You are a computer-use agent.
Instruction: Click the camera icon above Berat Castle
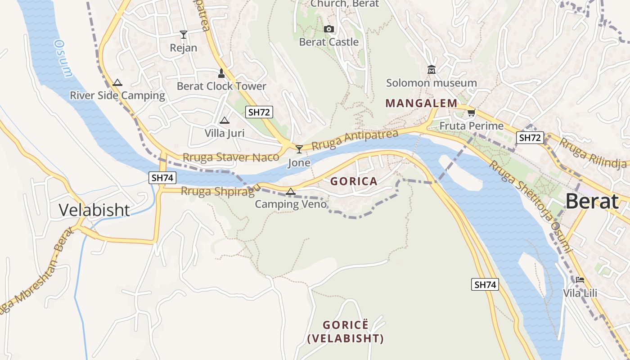[329, 29]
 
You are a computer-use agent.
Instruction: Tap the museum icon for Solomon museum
[432, 70]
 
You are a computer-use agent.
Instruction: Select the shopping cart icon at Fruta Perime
[471, 112]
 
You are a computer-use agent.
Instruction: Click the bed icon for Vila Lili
[580, 280]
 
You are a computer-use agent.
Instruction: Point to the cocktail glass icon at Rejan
[183, 35]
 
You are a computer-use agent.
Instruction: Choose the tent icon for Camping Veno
[291, 192]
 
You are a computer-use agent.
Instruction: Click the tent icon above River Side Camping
[117, 82]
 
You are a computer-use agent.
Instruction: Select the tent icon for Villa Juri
[225, 120]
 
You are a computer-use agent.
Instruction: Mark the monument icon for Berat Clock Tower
[221, 72]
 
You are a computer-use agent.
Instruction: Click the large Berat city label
[592, 201]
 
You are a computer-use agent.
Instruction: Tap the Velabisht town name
[94, 210]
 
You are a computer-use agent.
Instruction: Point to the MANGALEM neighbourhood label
[421, 103]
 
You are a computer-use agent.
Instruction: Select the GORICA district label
[354, 181]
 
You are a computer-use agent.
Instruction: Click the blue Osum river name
[63, 58]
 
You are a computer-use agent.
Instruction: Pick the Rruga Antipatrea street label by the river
[355, 140]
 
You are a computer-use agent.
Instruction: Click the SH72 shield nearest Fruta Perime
[530, 138]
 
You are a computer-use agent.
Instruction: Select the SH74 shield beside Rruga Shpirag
[162, 177]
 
